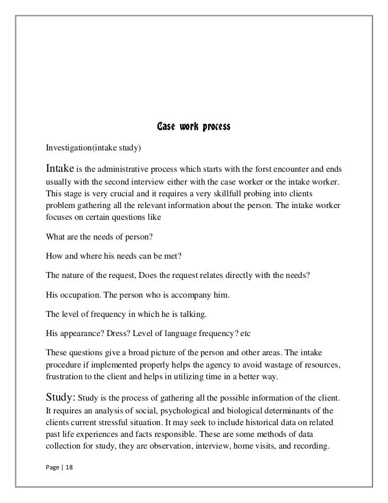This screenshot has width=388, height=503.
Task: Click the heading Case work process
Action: click(x=193, y=127)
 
